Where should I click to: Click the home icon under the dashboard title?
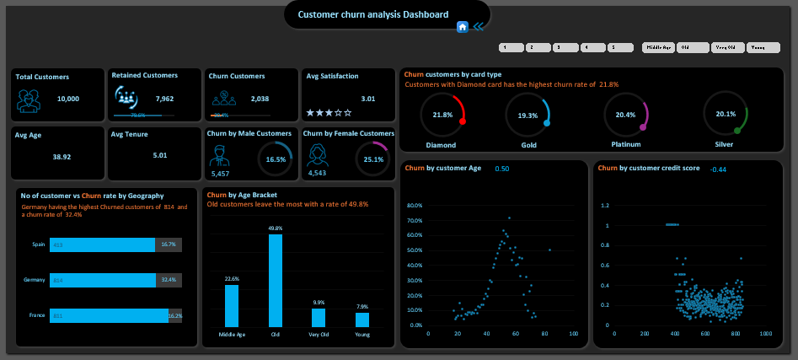(x=462, y=27)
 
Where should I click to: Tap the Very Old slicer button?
(x=727, y=48)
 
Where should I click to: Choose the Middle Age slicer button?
(x=658, y=48)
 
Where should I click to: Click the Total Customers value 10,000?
(x=68, y=99)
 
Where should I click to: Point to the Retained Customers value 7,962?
(x=164, y=99)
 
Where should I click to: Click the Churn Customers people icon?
(x=224, y=99)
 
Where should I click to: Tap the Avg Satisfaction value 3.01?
(x=368, y=99)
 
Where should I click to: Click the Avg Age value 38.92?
(x=62, y=157)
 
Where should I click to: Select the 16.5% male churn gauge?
(x=275, y=159)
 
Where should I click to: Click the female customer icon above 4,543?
(x=319, y=154)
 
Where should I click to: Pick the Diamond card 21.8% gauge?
(x=442, y=115)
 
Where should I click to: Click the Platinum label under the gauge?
(x=625, y=145)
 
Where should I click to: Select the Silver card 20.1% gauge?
(x=725, y=115)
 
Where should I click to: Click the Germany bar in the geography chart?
(x=102, y=280)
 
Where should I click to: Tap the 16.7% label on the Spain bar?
(x=168, y=244)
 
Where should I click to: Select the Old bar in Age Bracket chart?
(x=276, y=280)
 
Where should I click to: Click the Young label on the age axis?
(x=362, y=335)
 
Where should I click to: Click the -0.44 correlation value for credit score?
(x=718, y=169)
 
